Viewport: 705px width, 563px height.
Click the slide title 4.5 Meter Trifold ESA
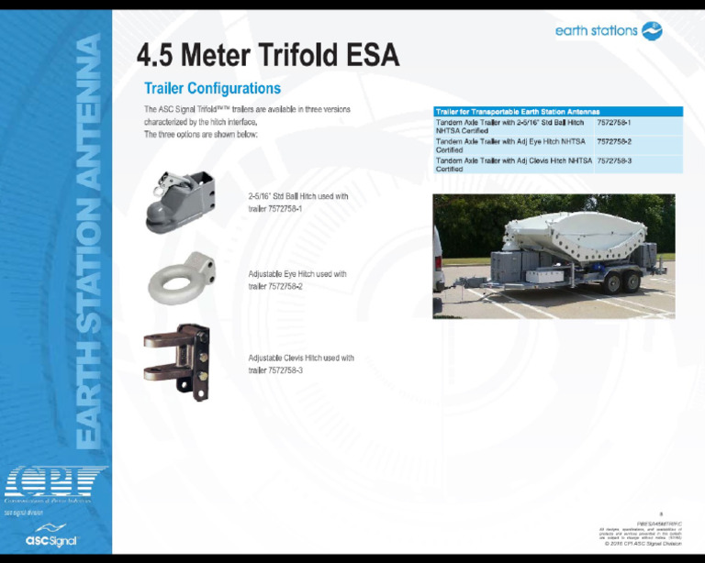click(267, 56)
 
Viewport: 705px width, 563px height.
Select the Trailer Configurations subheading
click(212, 89)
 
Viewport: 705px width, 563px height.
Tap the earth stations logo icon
click(652, 31)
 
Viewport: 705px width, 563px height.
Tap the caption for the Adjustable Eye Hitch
click(297, 280)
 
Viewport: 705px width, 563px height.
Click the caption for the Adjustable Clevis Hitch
click(300, 363)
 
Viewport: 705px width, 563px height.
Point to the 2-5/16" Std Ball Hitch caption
click(297, 202)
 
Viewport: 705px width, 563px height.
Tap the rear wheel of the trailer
click(632, 282)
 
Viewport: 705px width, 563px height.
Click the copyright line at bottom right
click(643, 544)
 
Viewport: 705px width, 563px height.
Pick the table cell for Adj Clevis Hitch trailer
click(513, 164)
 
